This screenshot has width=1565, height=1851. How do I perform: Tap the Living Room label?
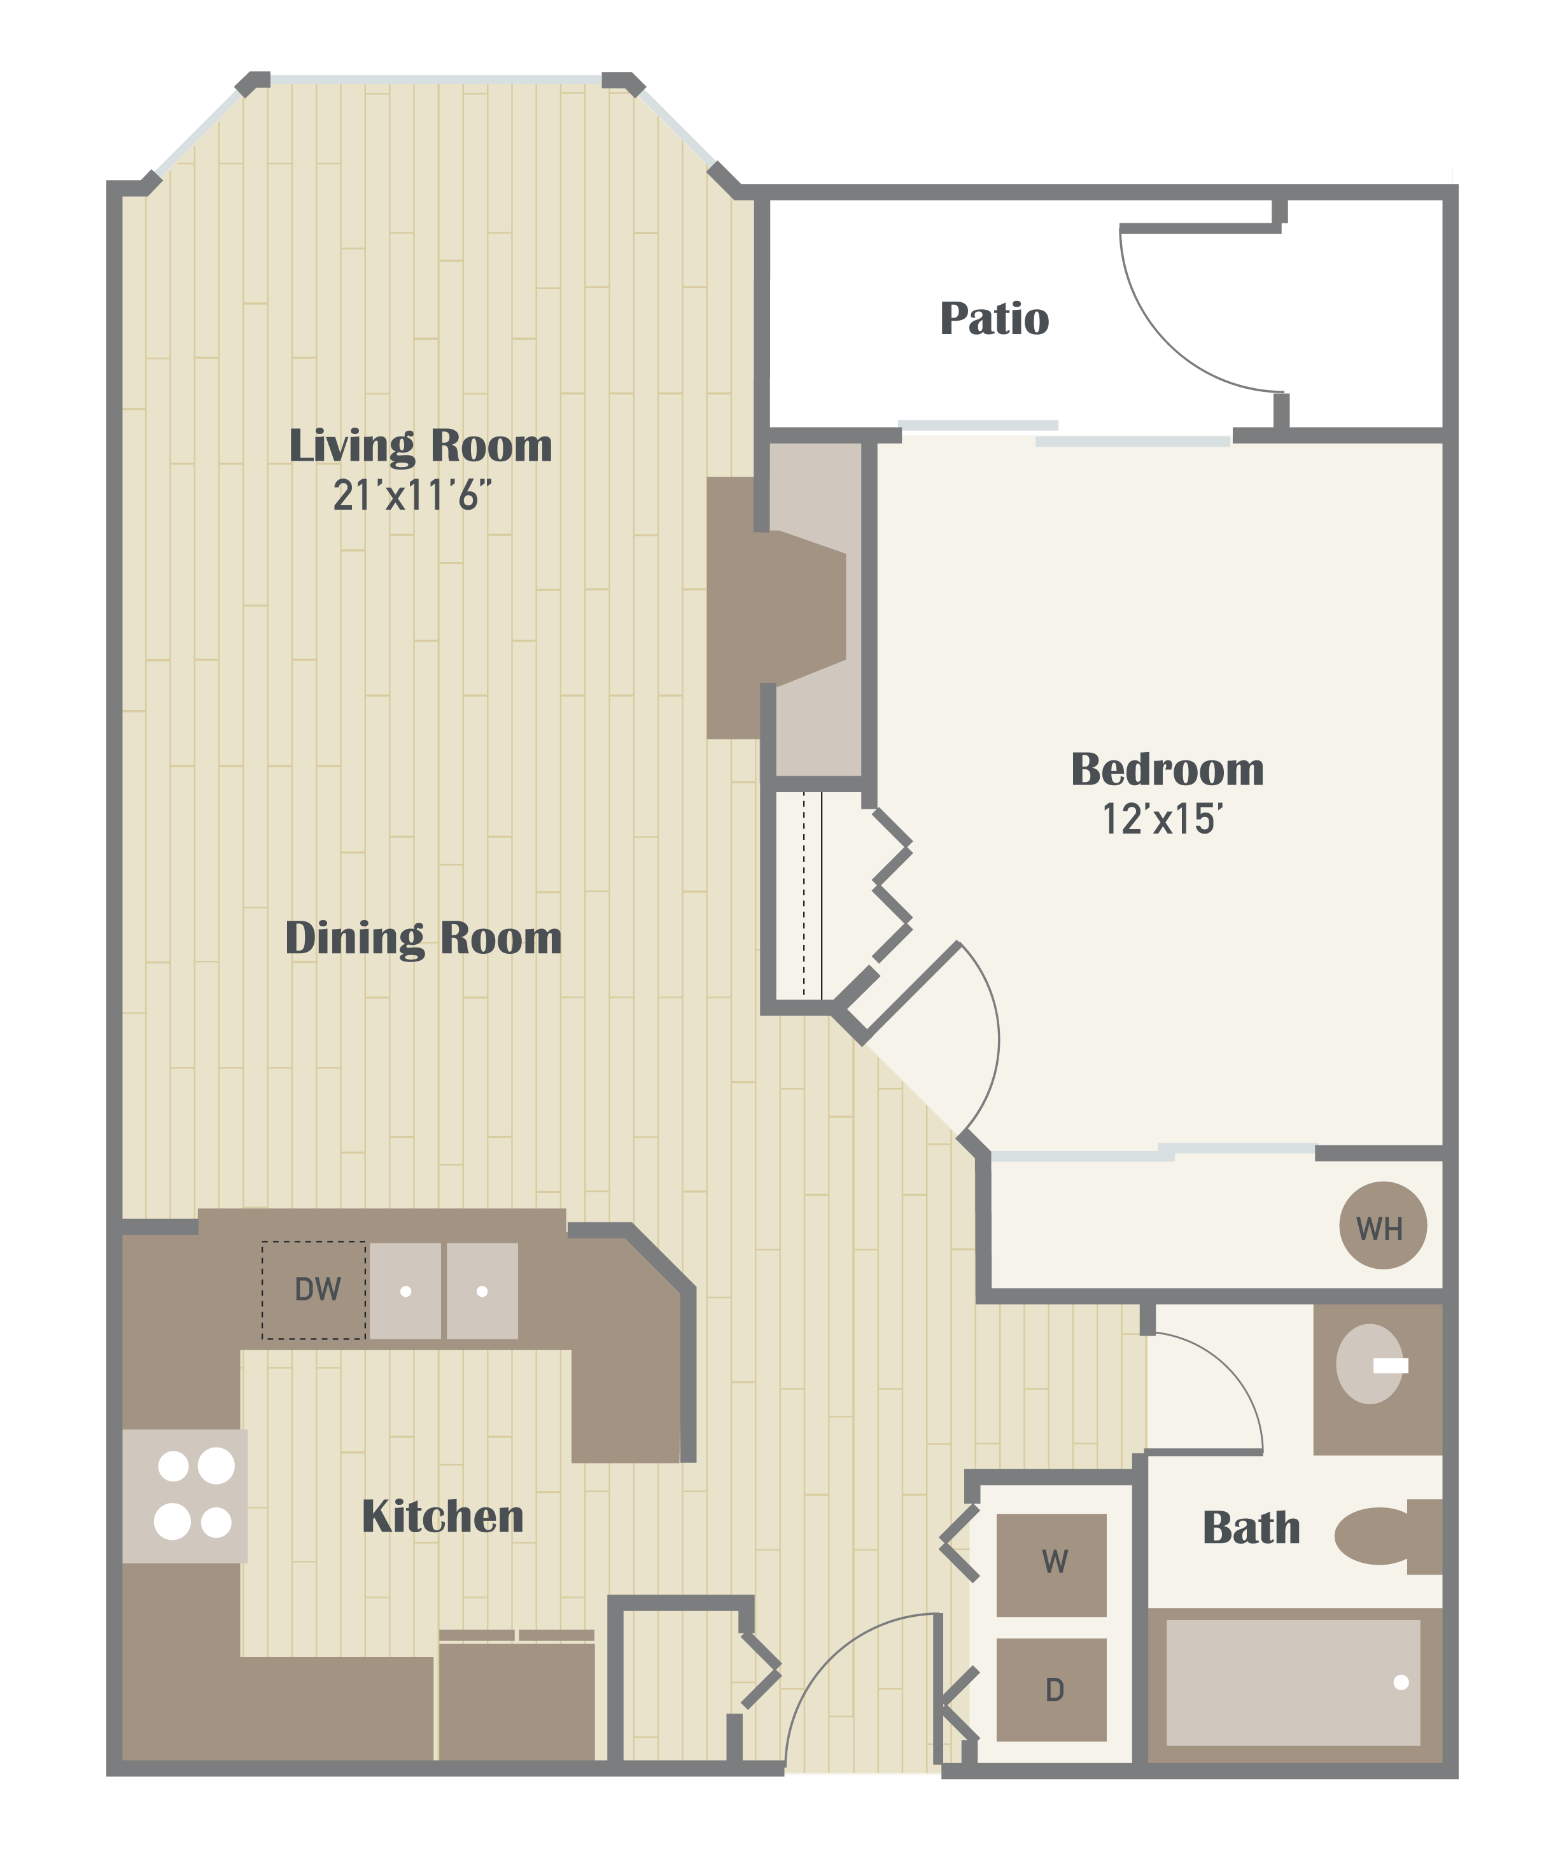click(421, 445)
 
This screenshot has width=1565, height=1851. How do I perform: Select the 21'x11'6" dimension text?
click(412, 495)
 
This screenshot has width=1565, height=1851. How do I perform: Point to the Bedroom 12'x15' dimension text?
click(1162, 819)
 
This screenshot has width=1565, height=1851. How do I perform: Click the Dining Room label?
click(423, 939)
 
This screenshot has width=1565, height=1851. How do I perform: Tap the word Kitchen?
click(443, 1517)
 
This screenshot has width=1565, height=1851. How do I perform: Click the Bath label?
click(1251, 1527)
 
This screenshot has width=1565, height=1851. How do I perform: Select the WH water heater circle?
click(1382, 1225)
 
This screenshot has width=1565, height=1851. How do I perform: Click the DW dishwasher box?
click(314, 1290)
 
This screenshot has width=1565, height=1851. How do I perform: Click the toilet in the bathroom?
click(1387, 1536)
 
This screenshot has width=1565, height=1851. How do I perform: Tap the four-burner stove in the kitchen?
click(185, 1495)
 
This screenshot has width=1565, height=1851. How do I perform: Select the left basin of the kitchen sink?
click(405, 1290)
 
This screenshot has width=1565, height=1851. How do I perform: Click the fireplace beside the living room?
click(776, 608)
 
